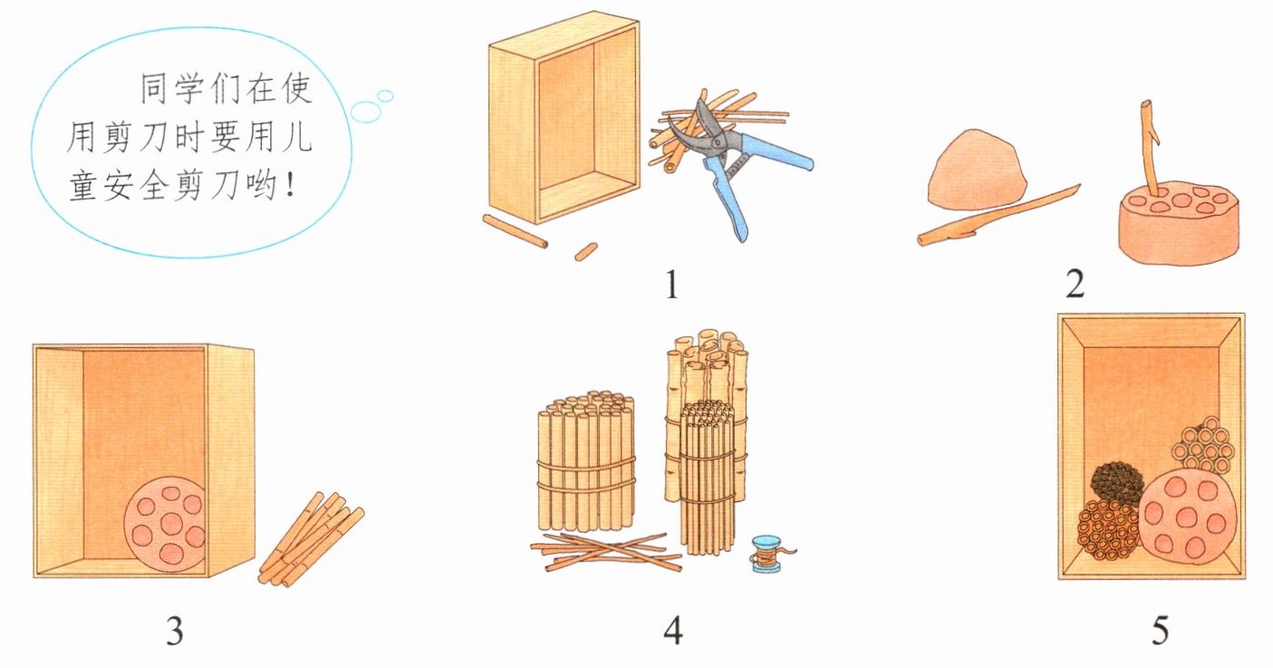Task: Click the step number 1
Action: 671,285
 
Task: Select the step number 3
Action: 175,631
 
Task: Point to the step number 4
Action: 673,631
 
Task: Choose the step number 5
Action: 1161,631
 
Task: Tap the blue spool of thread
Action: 768,553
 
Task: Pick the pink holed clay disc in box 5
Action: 1188,517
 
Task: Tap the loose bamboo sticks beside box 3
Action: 310,539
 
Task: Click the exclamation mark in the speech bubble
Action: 292,185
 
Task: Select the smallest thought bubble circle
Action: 385,96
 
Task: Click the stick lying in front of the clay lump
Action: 998,216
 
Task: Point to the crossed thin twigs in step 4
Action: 605,551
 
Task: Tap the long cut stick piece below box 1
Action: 515,231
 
